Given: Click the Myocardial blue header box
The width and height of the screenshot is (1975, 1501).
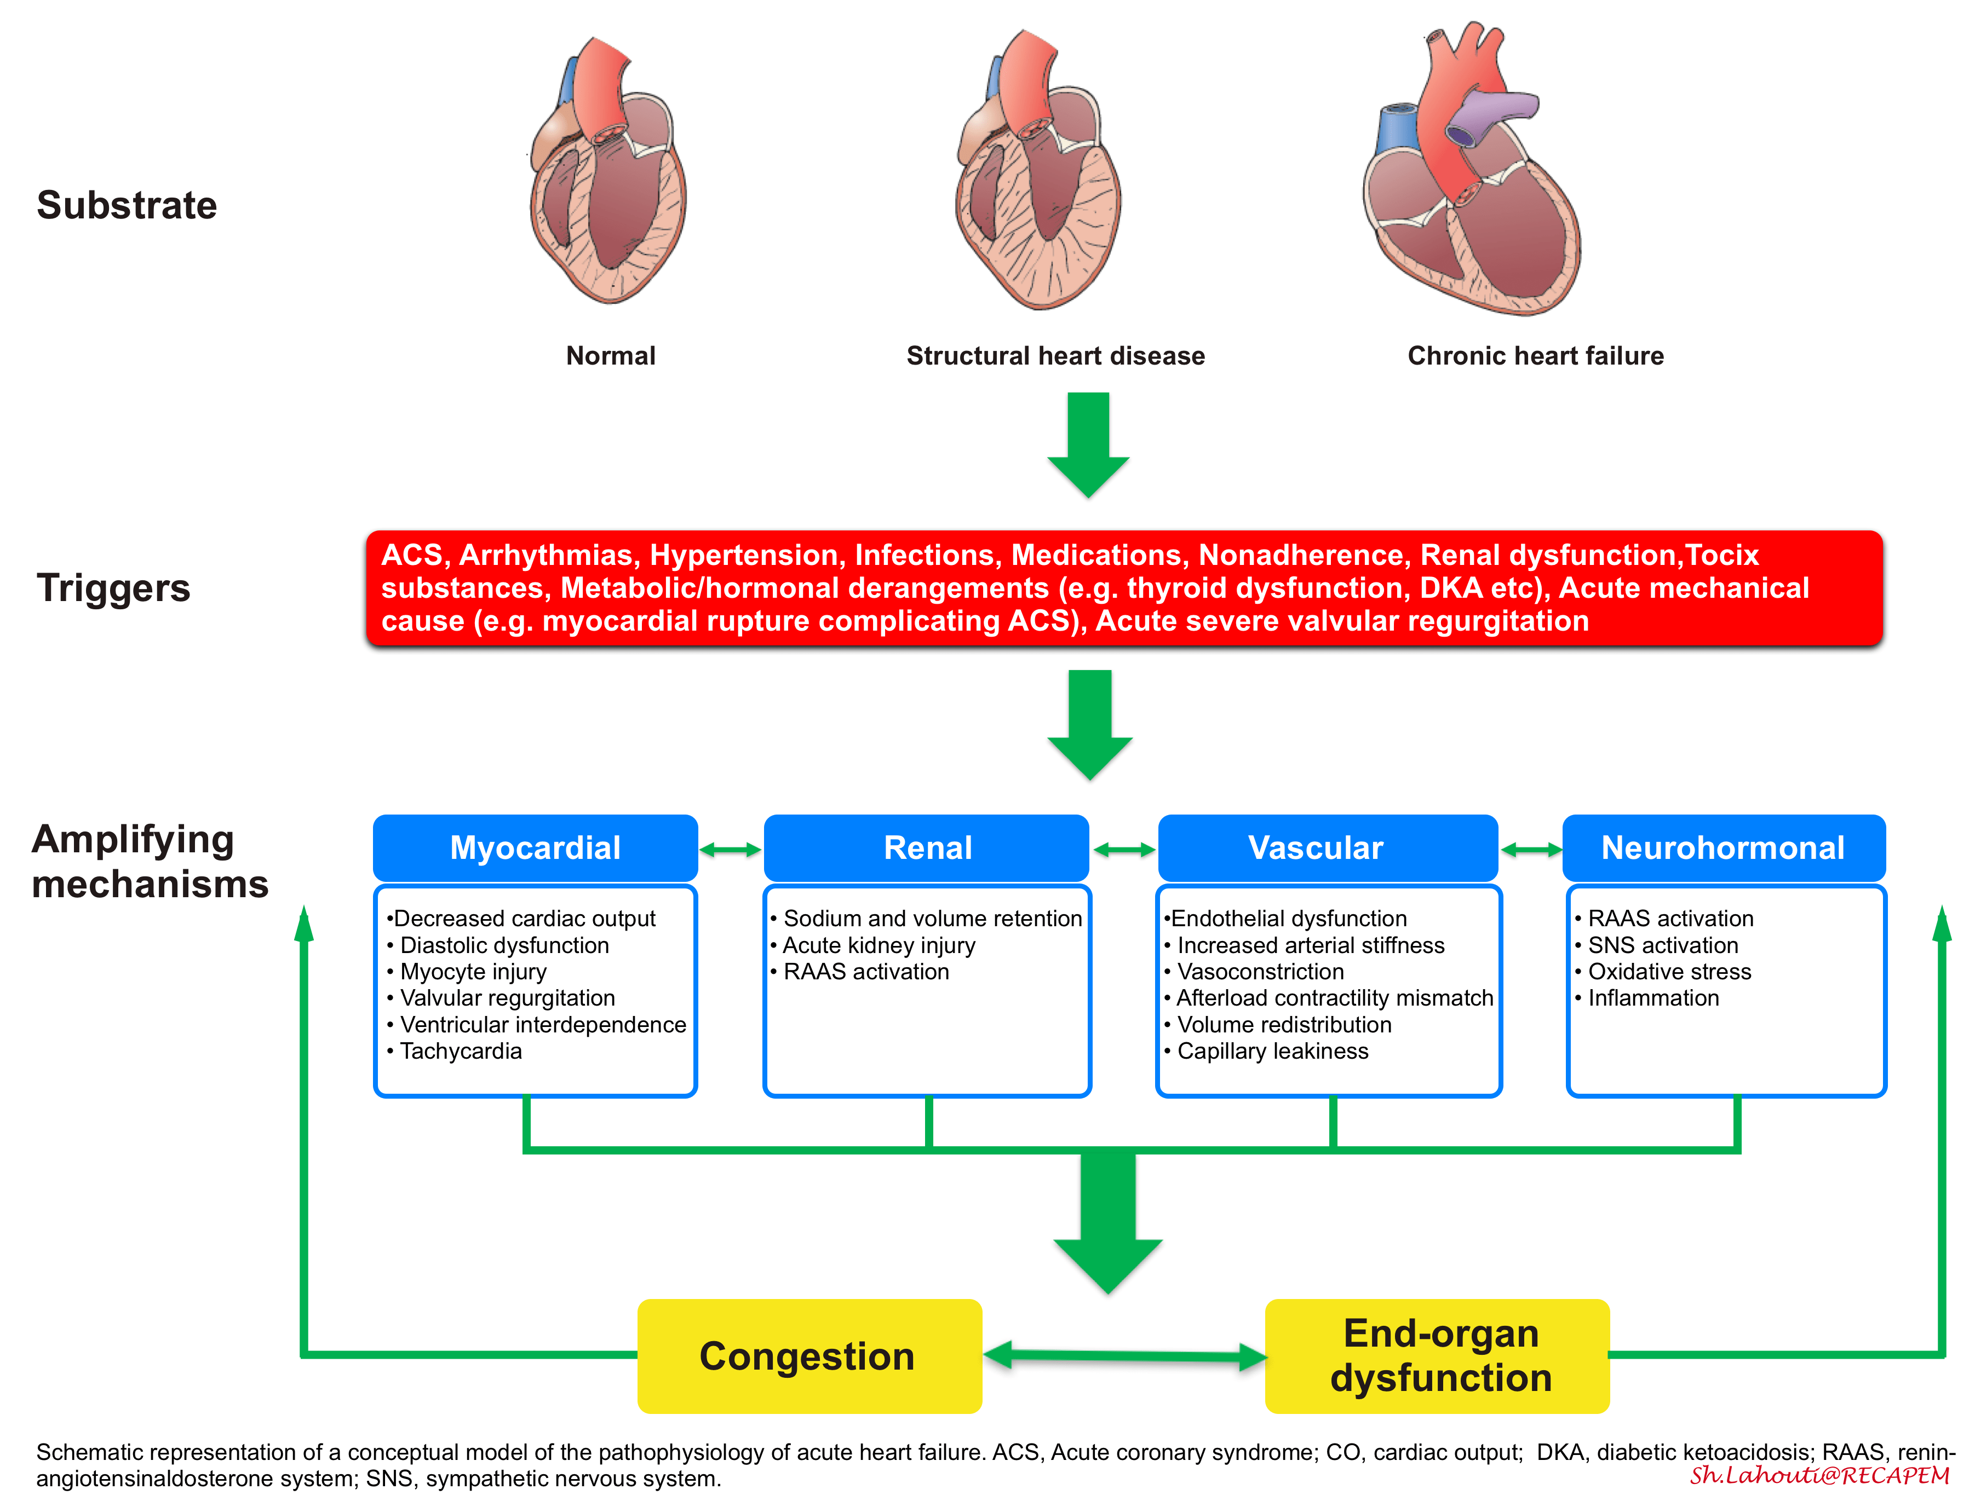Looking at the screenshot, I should click(535, 847).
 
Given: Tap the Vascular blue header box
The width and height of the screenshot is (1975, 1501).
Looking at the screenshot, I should click(1327, 847).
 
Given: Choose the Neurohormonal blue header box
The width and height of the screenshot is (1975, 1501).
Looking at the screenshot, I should click(1723, 847).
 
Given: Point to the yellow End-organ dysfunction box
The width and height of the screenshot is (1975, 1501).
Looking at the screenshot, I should click(1437, 1355).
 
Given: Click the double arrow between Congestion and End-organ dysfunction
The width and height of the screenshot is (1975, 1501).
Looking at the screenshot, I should click(1124, 1355).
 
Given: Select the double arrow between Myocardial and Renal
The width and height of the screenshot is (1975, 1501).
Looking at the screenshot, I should click(730, 850).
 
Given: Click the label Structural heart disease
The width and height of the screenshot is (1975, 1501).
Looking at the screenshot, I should click(1055, 356).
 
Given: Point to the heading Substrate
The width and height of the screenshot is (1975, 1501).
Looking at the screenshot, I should click(127, 205).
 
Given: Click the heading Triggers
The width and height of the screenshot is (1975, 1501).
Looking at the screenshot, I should click(113, 588).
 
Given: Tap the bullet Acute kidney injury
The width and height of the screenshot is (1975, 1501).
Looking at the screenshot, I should click(879, 945).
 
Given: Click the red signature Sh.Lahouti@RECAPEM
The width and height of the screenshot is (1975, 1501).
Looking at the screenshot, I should click(1818, 1475).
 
